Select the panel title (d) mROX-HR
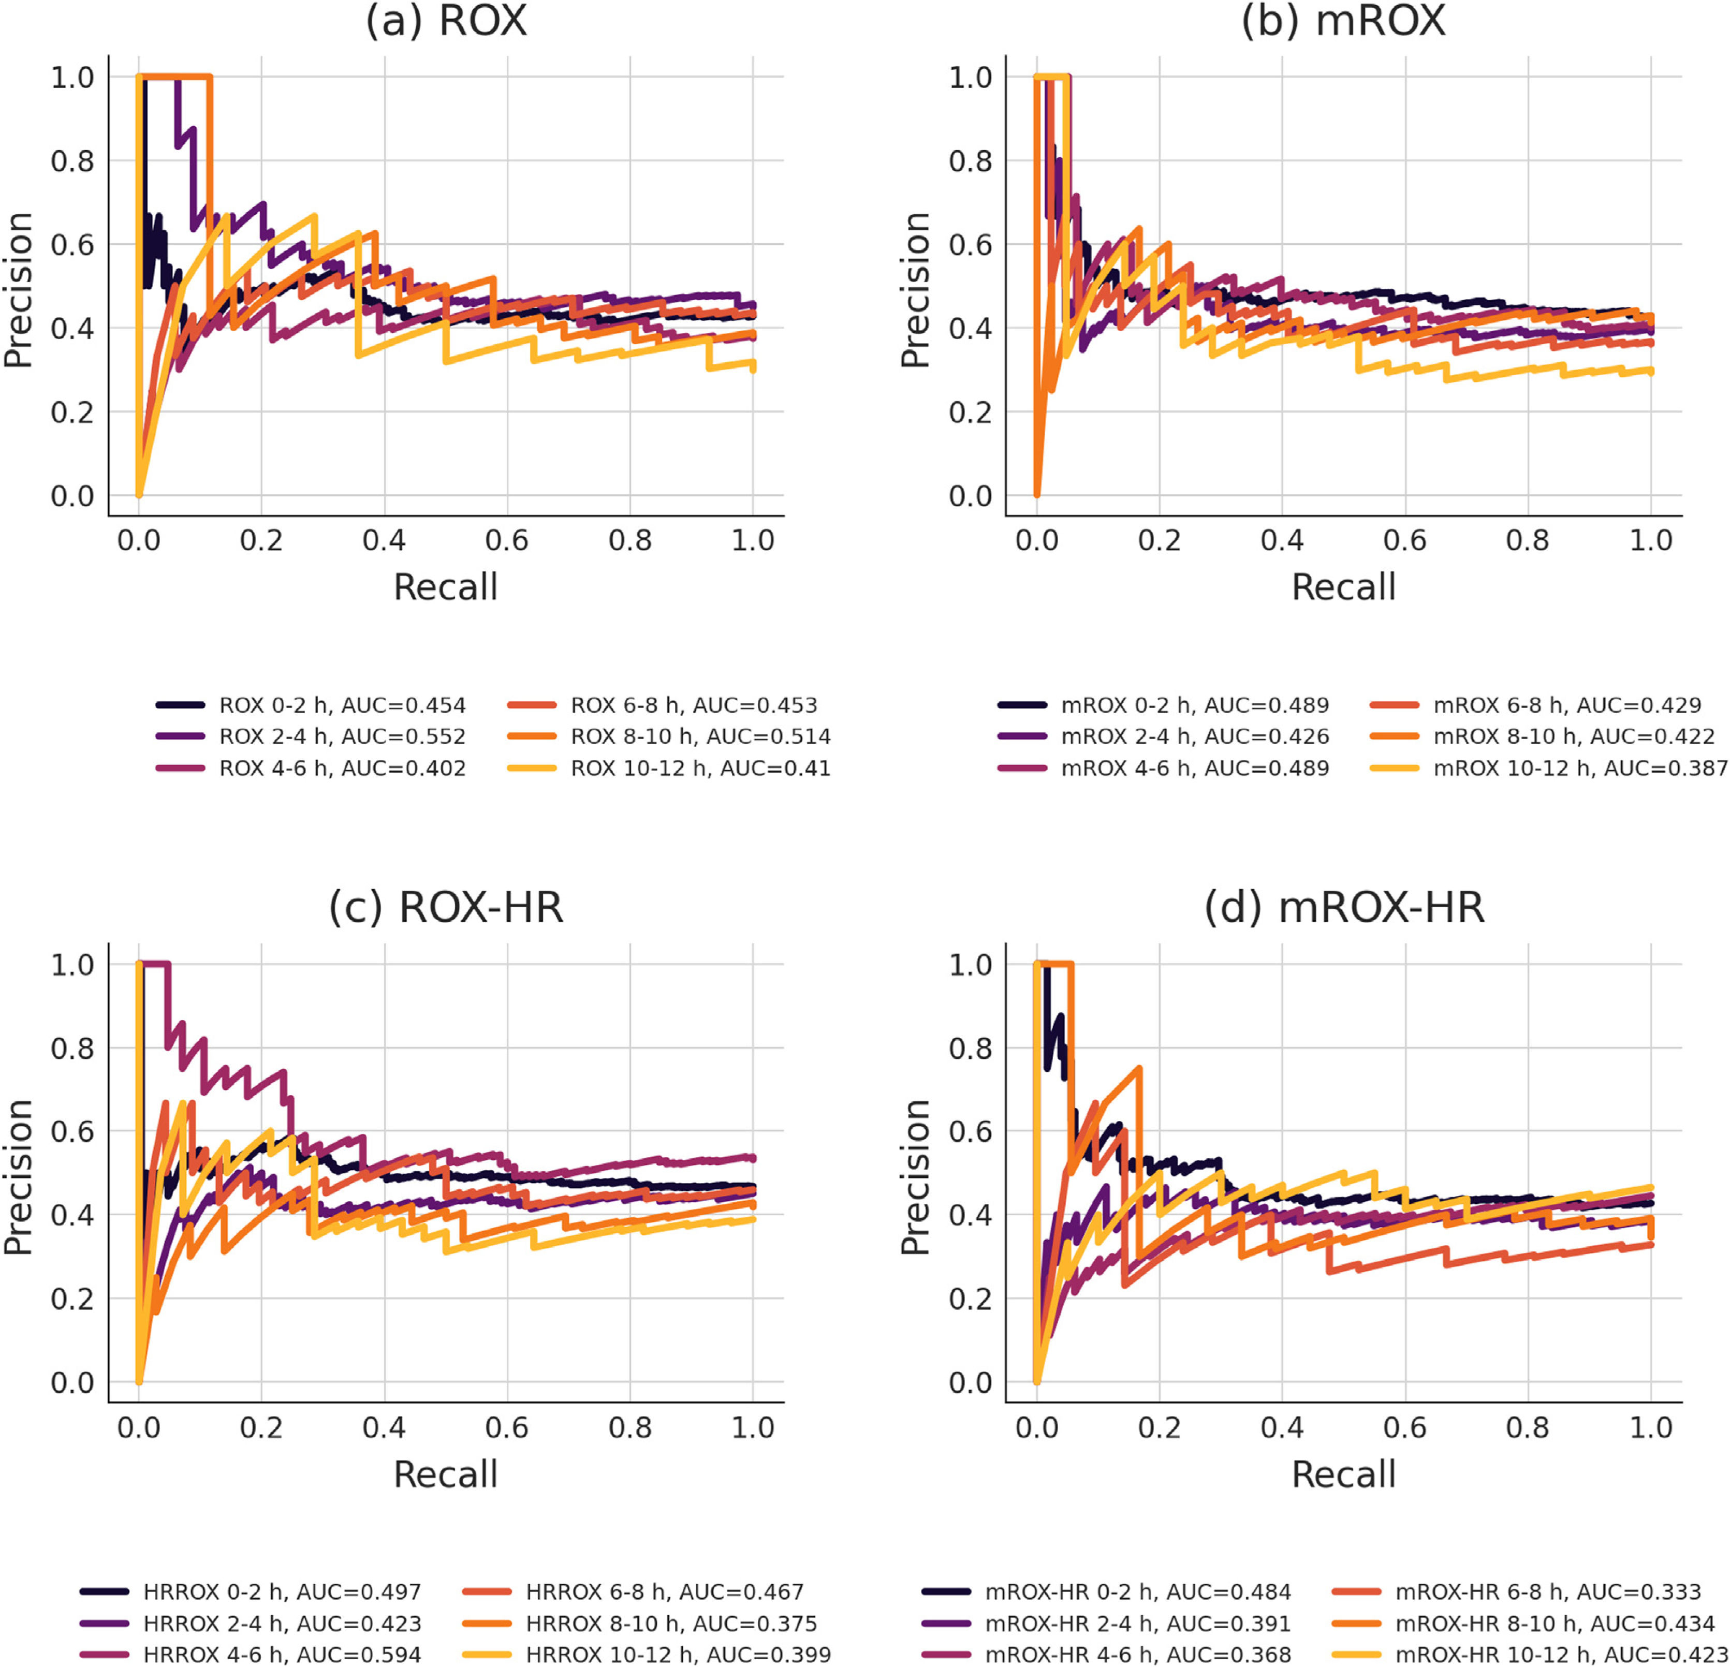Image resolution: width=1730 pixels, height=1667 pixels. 1344,907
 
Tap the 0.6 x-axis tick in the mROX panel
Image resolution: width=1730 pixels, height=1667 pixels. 1404,540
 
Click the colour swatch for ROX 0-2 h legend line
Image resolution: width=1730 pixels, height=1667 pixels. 181,705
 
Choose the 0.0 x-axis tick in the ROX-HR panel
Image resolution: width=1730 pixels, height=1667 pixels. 139,1427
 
